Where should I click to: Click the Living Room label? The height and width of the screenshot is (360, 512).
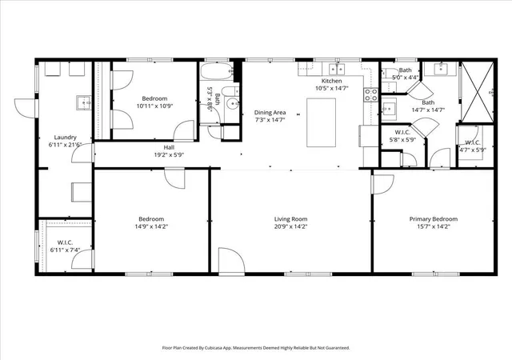pos(290,219)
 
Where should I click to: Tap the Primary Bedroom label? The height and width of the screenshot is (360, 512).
pos(434,219)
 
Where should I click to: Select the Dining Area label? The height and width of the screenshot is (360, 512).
pos(270,112)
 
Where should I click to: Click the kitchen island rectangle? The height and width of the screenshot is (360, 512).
pos(321,122)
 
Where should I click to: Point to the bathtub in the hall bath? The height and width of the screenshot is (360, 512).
pos(217,71)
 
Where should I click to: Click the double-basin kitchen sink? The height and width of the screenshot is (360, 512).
pos(337,70)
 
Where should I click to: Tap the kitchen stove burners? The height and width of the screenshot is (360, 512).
pos(371,94)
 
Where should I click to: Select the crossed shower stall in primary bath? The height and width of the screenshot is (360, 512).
pos(477,92)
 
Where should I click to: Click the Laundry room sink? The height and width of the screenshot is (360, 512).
pos(84,103)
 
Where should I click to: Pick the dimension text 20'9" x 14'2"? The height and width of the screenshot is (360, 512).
pos(290,226)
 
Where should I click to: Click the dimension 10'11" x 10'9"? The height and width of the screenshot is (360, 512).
pos(154,106)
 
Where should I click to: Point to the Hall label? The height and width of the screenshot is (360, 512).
pos(169,148)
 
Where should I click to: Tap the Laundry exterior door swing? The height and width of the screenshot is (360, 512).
pos(25,108)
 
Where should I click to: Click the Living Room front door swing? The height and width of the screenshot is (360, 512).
pos(231,260)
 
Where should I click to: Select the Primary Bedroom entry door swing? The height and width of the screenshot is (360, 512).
pos(382,185)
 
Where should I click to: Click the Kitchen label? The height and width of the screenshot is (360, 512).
pos(332,81)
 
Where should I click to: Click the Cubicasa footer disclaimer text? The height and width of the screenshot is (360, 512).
pos(256,348)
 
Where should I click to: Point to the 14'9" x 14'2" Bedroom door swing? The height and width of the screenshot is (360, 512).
pos(174,178)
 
